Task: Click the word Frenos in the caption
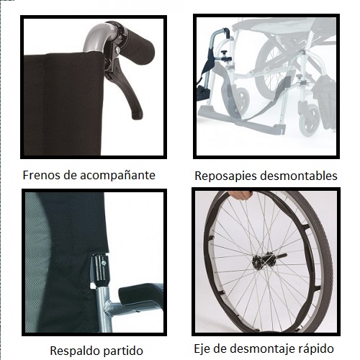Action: pos(41,175)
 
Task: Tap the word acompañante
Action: pos(117,176)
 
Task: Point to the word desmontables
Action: pos(299,176)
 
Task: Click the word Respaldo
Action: pos(71,351)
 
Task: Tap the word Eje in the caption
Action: pos(202,349)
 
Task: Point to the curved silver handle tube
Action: pos(99,37)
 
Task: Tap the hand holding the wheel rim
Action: pos(240,195)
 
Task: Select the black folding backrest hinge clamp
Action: pos(100,270)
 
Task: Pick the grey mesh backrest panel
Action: pos(37,261)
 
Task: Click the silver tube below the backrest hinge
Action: pos(104,310)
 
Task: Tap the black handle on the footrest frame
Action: pos(227,31)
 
